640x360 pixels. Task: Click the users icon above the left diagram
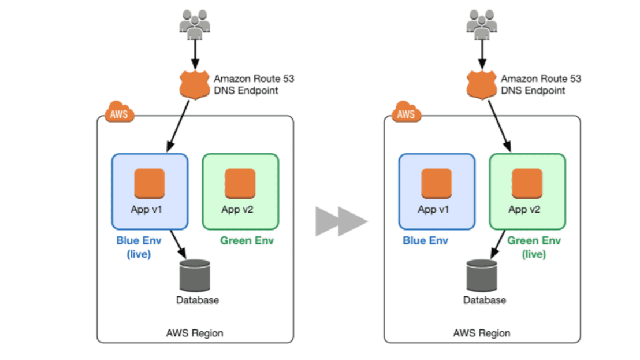[x=195, y=24]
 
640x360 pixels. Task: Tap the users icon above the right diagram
[x=482, y=24]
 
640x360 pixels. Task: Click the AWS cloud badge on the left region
[x=120, y=113]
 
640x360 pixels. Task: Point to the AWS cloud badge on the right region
[x=407, y=113]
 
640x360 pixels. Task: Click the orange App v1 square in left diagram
[x=150, y=183]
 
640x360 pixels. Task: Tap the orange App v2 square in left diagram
[x=240, y=183]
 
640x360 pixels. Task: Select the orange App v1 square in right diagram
[x=437, y=183]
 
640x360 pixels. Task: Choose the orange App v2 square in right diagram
[x=527, y=183]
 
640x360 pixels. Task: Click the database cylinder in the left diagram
[x=195, y=275]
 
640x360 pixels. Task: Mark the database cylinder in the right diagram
[x=482, y=275]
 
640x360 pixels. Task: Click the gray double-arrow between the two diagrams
[x=341, y=221]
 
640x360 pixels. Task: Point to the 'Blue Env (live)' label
[x=139, y=247]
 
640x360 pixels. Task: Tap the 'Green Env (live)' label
[x=534, y=247]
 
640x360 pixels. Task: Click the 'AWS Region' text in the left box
[x=195, y=333]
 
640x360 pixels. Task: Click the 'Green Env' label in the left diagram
[x=247, y=240]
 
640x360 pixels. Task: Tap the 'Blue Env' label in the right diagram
[x=426, y=240]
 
